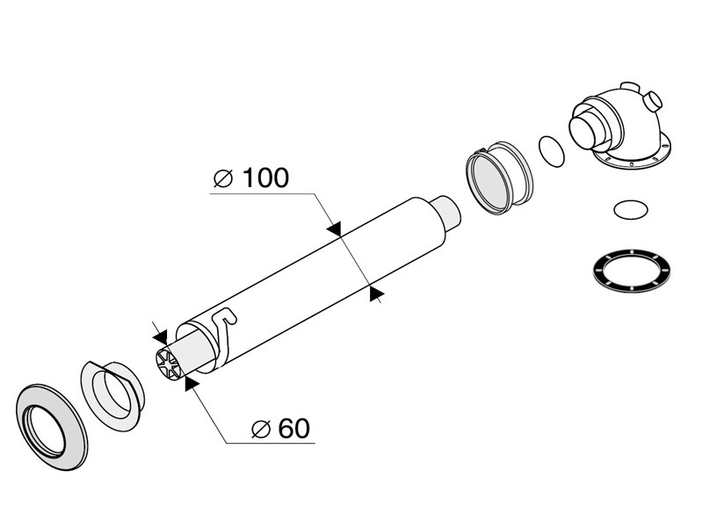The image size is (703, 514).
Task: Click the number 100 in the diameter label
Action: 265,178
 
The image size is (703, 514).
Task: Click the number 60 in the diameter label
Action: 294,429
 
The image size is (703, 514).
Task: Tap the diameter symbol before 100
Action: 223,179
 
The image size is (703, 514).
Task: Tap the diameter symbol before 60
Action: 261,429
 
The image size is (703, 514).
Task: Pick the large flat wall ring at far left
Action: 52,427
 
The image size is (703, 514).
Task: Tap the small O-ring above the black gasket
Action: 630,210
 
